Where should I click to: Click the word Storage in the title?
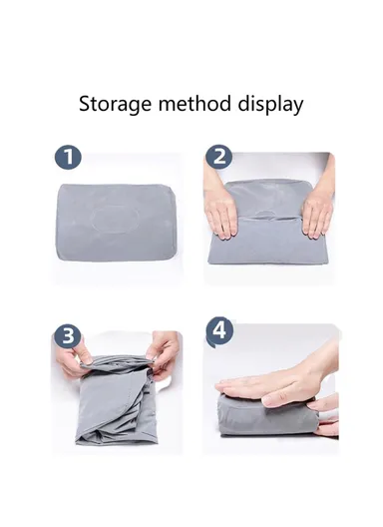(x=116, y=104)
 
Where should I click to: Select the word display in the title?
(x=272, y=104)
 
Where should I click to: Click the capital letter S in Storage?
(x=85, y=104)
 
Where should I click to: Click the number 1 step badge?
(x=67, y=158)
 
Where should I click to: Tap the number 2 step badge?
(x=219, y=157)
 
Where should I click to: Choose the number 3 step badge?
(x=67, y=335)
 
